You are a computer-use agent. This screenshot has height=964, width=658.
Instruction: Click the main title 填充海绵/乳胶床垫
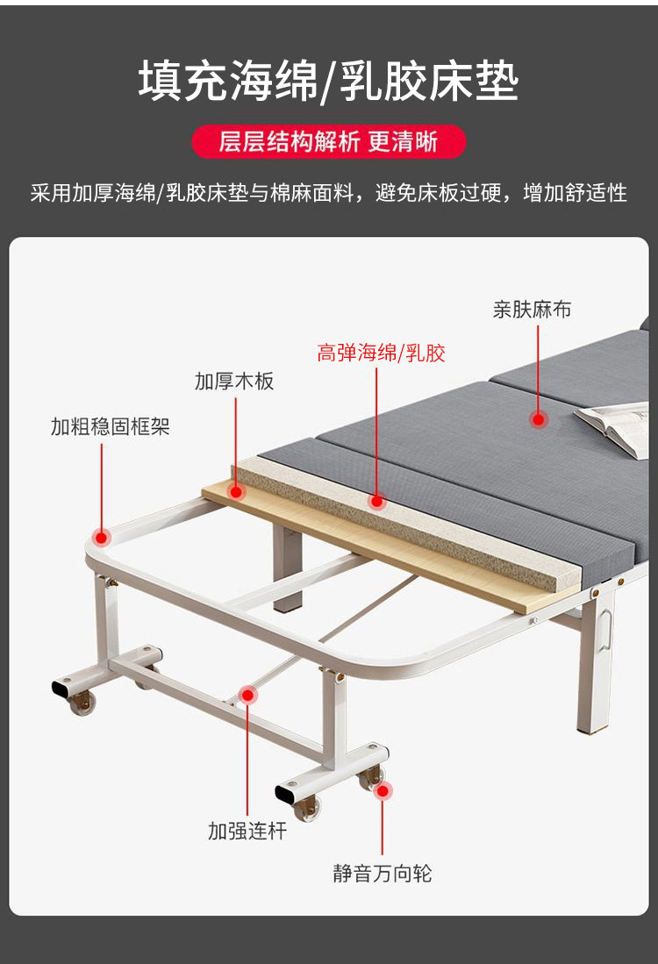coord(328,82)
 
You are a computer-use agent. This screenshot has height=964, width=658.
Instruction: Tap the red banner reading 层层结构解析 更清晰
coord(328,141)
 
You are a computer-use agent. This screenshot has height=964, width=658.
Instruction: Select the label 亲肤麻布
coord(532,310)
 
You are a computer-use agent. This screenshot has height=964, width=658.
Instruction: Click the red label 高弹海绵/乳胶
coord(381,353)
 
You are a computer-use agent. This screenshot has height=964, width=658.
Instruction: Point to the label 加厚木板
coord(234,382)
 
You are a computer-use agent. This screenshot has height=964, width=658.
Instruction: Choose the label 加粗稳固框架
coord(110,426)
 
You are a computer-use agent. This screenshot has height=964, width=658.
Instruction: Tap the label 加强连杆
coord(247,831)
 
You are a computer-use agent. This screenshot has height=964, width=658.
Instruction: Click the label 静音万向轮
coord(383,873)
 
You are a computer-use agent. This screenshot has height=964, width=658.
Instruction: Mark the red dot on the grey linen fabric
coord(538,420)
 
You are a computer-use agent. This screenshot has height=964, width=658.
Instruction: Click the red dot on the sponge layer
coord(377,502)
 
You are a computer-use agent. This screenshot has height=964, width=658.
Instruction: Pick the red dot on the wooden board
coord(235,492)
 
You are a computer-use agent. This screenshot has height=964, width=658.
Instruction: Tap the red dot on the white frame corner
coord(102,538)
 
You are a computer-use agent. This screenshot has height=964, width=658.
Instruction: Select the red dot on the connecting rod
coord(247,696)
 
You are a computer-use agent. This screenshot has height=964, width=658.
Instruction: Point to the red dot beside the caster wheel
coord(383,791)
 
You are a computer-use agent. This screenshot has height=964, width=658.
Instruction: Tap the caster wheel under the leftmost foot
coord(82,702)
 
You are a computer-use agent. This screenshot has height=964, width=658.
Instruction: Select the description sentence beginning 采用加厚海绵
coord(328,193)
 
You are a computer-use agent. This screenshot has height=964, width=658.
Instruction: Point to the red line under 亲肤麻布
coord(538,368)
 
